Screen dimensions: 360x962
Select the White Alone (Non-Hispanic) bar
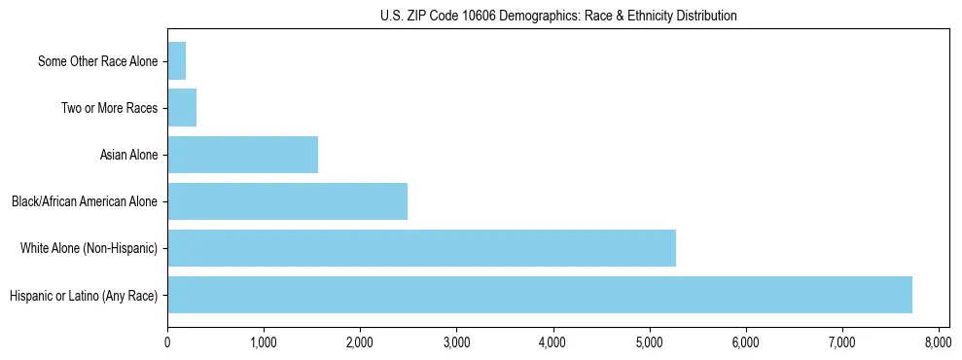point(421,248)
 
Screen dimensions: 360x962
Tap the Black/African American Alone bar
point(287,201)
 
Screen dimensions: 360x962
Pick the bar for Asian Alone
point(242,155)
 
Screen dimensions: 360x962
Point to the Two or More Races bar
point(182,108)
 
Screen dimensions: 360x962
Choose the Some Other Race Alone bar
point(177,61)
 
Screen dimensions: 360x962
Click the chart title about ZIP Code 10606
point(558,16)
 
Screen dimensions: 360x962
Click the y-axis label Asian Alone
point(128,155)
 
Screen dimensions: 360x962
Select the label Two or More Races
point(109,108)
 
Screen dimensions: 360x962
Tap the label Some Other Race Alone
point(97,61)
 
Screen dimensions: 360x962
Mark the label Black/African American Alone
point(85,201)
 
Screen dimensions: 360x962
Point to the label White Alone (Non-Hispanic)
point(89,248)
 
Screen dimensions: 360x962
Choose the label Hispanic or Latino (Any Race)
point(83,295)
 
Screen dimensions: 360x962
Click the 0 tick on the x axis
point(167,342)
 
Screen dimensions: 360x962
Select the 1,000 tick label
point(264,342)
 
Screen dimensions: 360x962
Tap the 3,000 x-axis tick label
point(456,342)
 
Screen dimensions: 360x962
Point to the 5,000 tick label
point(649,342)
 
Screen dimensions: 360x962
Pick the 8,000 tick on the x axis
point(938,342)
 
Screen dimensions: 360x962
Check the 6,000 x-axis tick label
point(745,342)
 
